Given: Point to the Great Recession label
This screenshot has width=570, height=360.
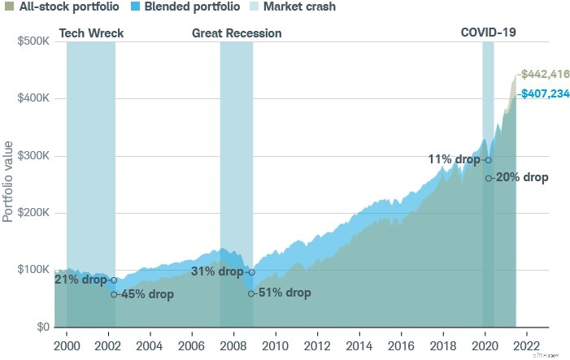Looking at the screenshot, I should coord(237,33).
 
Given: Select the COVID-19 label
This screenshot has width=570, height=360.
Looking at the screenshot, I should coord(489,33).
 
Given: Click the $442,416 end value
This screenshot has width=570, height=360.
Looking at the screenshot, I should coord(546,74).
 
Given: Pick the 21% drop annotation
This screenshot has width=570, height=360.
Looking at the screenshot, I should coord(80,280).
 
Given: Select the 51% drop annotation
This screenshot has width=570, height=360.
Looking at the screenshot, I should coord(284,293).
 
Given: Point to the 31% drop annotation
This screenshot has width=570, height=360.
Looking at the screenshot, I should coord(217,272).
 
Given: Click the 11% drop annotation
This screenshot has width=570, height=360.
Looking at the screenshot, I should coord(455,159).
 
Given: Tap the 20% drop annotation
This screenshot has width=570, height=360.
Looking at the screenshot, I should coord(521,177).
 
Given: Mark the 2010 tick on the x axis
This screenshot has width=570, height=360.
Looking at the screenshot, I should coord(275,343).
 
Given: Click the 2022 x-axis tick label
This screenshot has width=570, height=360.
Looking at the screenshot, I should coord(526,343).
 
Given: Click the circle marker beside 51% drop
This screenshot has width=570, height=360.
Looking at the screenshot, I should coord(251,293).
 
